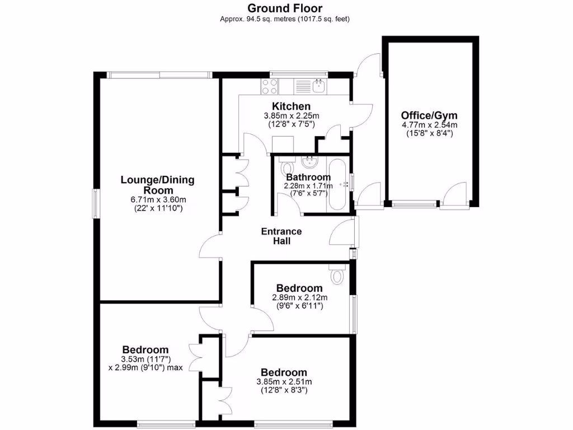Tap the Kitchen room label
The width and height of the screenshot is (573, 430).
tap(291, 106)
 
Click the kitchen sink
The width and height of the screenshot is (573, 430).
tap(319, 86)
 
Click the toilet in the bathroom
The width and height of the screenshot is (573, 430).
tap(288, 166)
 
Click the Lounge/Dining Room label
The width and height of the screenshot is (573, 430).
tap(158, 185)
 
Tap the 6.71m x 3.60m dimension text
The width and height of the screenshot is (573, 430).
tap(158, 199)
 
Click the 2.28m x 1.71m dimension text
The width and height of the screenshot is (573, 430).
tap(308, 186)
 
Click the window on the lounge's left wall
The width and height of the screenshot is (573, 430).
tap(96, 203)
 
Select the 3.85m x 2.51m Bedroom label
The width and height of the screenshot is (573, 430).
tap(284, 372)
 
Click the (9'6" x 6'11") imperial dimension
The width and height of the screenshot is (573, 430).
tap(300, 306)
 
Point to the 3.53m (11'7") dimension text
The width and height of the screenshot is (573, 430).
tap(145, 359)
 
